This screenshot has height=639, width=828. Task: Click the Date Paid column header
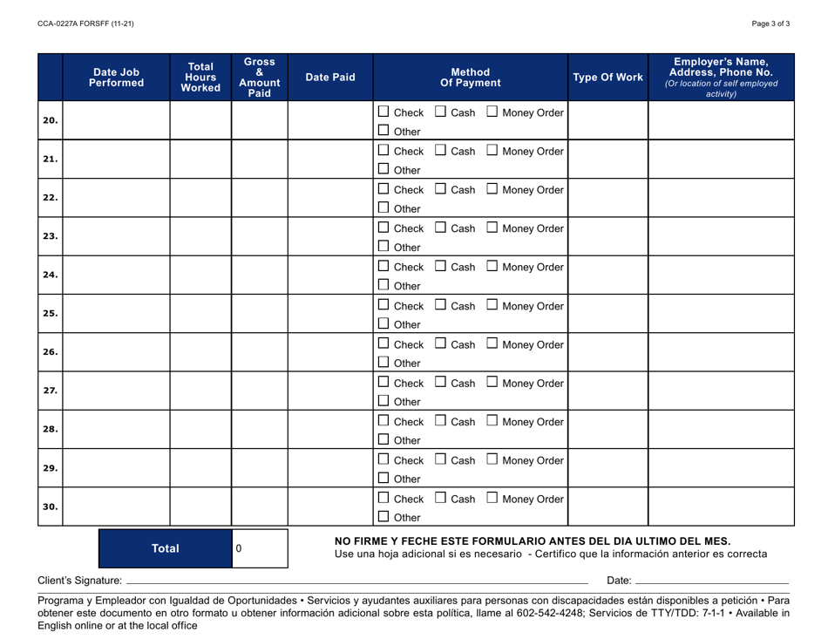[330, 78]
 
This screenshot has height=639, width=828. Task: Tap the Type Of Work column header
[608, 78]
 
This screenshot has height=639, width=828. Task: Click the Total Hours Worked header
[200, 78]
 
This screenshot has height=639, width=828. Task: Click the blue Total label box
[166, 549]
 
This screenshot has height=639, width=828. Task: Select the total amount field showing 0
[259, 549]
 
